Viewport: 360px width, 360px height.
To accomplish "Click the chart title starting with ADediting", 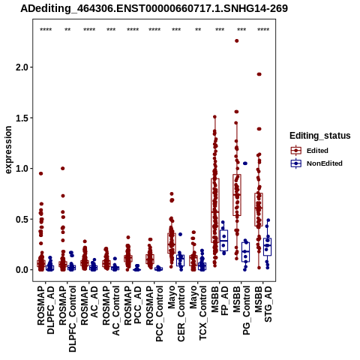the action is pos(154,8).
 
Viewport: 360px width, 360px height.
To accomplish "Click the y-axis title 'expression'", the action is pos(8,150).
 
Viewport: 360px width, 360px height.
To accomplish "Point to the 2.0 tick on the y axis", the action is pos(22,67).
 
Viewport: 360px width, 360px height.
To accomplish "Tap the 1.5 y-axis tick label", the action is pos(22,118).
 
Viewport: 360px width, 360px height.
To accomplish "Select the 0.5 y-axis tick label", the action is pos(22,219).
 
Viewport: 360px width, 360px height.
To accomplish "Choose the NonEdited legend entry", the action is pos(316,163).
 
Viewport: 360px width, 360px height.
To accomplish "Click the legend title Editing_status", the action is pos(320,136).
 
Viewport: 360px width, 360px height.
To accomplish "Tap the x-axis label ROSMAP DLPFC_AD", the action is pos(46,310).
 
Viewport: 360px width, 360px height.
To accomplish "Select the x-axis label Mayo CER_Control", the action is pos(176,313).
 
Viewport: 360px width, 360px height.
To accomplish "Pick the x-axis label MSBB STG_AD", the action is pos(263,304).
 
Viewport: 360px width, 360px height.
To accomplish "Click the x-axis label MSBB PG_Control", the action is pos(241,310).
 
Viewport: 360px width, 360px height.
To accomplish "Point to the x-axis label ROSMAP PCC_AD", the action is pos(133,305).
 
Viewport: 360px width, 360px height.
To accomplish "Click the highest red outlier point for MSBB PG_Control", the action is pos(236,40).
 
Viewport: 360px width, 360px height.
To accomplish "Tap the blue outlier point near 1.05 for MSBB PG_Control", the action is pos(245,163).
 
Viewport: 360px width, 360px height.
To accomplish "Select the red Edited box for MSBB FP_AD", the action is pos(215,211).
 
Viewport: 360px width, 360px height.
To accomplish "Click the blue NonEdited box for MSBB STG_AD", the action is pos(268,247).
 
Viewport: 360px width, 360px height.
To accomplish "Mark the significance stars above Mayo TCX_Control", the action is pos(198,30).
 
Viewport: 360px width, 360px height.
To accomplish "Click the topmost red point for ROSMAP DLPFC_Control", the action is pos(63,169).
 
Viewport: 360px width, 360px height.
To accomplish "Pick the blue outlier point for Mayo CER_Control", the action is pos(180,234).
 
